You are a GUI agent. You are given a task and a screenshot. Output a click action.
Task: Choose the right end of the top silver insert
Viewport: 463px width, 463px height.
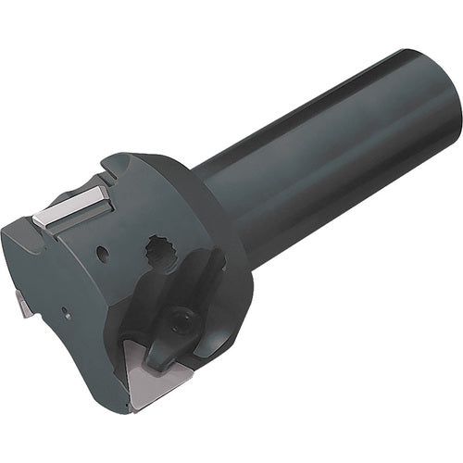(104, 191)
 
